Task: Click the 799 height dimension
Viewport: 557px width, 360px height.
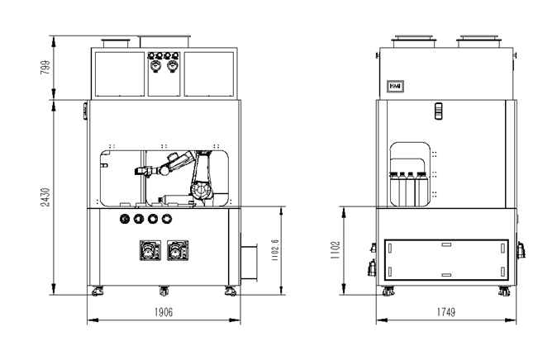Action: pyautogui.click(x=45, y=67)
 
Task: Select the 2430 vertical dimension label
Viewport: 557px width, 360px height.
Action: pyautogui.click(x=45, y=197)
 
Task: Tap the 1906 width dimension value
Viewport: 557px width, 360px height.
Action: pyautogui.click(x=164, y=312)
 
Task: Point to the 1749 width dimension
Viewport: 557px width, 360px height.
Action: pyautogui.click(x=445, y=312)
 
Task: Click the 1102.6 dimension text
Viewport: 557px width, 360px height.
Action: pyautogui.click(x=275, y=250)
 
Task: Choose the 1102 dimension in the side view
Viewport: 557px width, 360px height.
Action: pyautogui.click(x=336, y=250)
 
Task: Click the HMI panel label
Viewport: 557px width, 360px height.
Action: pyautogui.click(x=395, y=86)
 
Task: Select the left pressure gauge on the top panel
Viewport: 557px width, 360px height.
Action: pyautogui.click(x=155, y=66)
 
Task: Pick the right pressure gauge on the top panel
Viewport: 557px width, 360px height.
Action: pyautogui.click(x=172, y=66)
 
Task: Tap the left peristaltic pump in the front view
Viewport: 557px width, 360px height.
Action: pyautogui.click(x=150, y=250)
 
